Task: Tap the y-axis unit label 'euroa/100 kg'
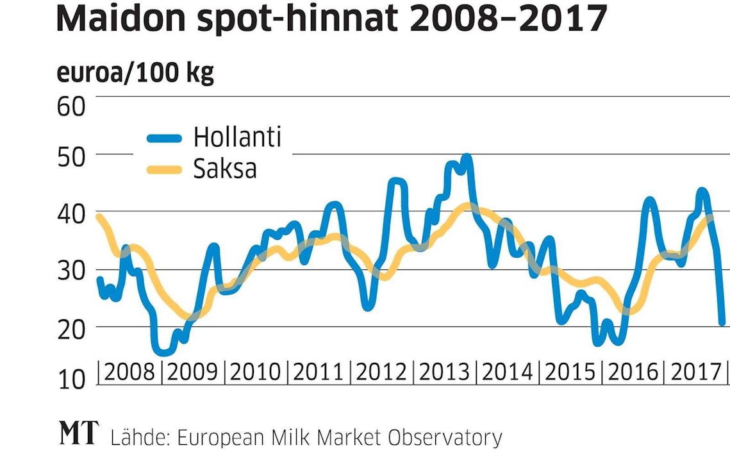click(135, 74)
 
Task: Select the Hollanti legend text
click(237, 137)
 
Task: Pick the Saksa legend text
click(224, 169)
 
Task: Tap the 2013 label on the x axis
click(444, 372)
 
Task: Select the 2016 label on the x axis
click(633, 372)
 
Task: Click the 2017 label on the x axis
click(695, 372)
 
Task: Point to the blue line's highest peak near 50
click(466, 156)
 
